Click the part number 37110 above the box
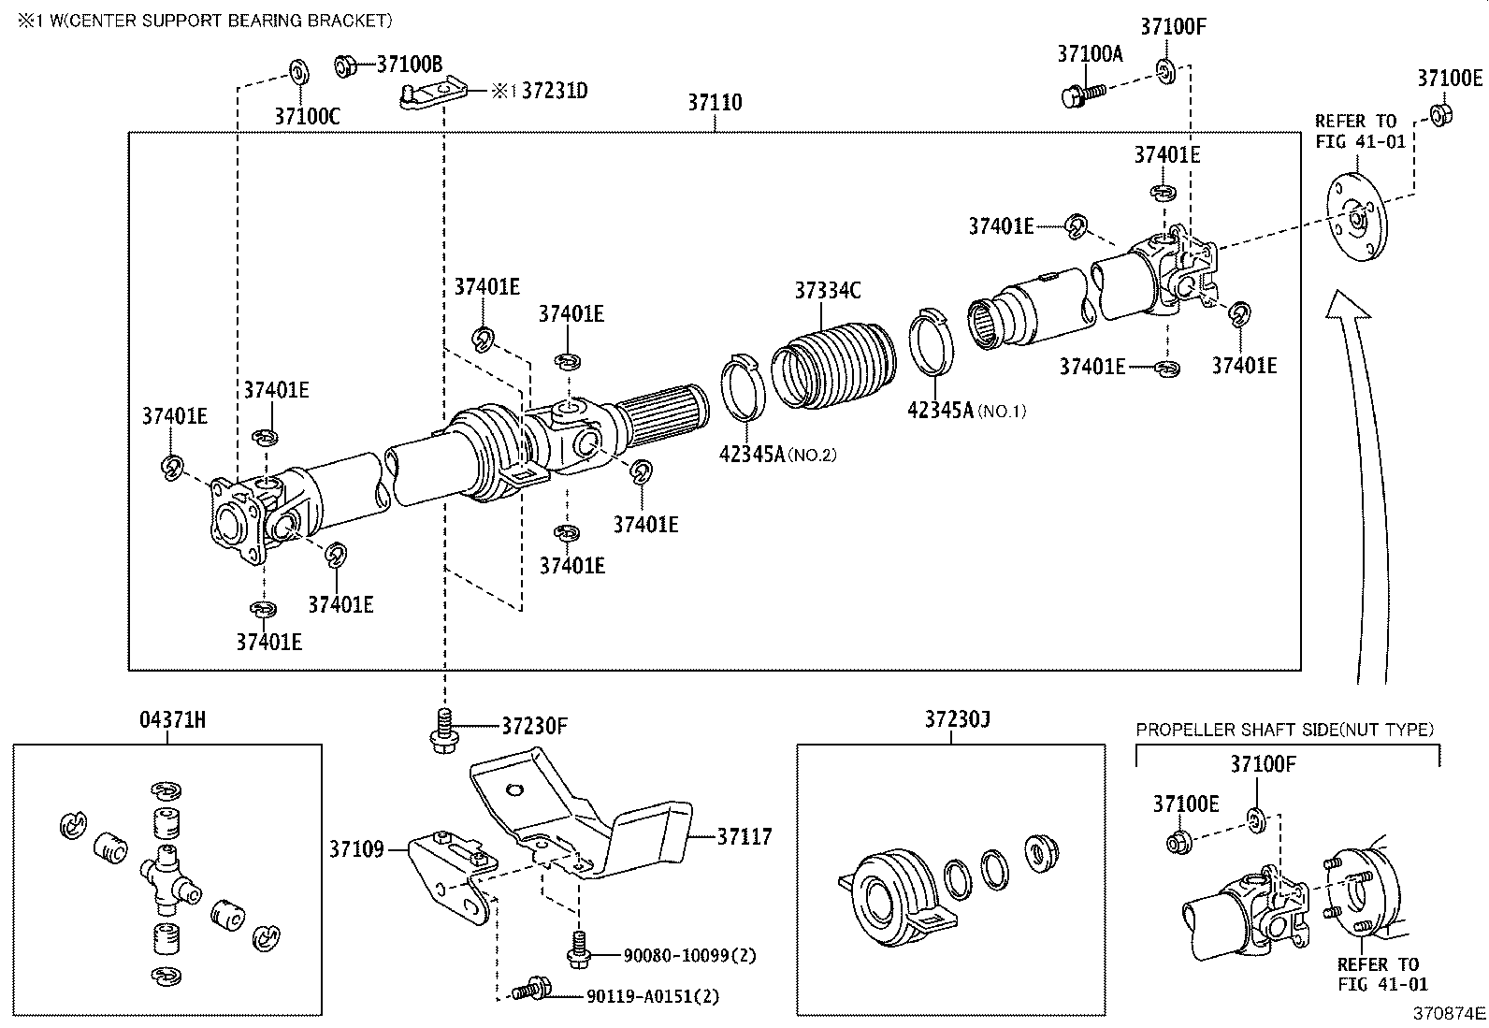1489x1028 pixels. (715, 103)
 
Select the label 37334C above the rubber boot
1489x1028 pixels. (827, 291)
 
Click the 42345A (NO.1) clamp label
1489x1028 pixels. (966, 410)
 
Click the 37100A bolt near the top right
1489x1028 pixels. (1082, 94)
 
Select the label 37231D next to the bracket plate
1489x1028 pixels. (554, 91)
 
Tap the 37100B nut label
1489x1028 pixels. (409, 65)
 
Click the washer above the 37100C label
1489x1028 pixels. (299, 72)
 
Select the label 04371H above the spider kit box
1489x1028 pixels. (172, 719)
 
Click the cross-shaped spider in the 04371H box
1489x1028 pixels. (168, 874)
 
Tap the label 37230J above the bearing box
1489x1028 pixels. (957, 719)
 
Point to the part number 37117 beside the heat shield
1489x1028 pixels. (744, 836)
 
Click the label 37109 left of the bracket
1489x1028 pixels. (355, 849)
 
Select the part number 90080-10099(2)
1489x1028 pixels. (689, 955)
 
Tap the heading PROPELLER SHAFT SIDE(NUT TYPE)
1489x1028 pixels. (1284, 730)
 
